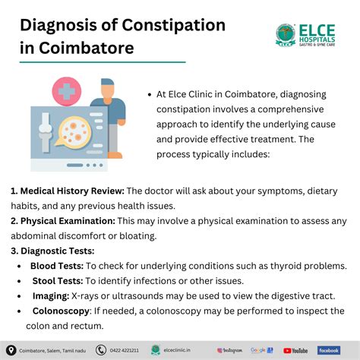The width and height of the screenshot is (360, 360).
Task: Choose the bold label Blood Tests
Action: coord(57,266)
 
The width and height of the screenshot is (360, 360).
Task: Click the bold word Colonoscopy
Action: coord(61,311)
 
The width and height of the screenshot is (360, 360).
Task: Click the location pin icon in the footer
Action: coord(11,350)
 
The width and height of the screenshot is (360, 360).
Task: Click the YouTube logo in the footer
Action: coord(296,350)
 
